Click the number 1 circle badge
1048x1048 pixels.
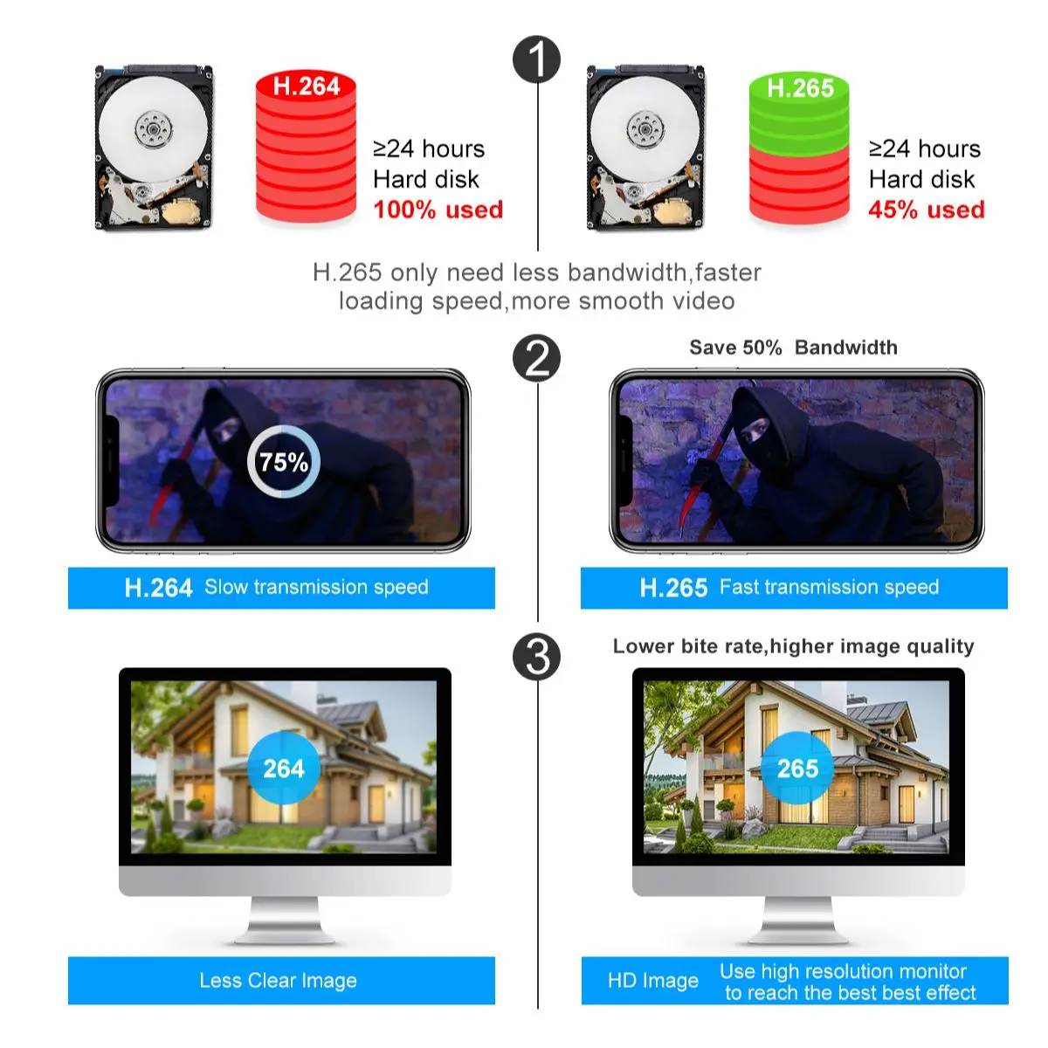[536, 59]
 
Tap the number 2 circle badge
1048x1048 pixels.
[536, 358]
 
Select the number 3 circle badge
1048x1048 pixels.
[536, 657]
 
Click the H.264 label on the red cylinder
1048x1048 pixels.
[306, 86]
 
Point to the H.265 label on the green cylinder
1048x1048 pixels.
[799, 88]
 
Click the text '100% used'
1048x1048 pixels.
[438, 210]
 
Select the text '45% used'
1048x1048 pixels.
[926, 210]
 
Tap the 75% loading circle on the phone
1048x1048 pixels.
[283, 462]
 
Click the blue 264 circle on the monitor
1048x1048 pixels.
[284, 769]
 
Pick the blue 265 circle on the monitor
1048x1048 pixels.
[797, 769]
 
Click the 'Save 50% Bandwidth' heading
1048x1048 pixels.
[793, 348]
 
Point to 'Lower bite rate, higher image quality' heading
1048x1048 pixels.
[793, 646]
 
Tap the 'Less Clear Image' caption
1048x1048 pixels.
[278, 981]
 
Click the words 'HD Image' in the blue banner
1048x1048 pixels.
[652, 981]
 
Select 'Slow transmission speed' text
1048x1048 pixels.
[316, 587]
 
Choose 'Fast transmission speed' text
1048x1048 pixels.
[829, 587]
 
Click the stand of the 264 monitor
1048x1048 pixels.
[285, 921]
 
